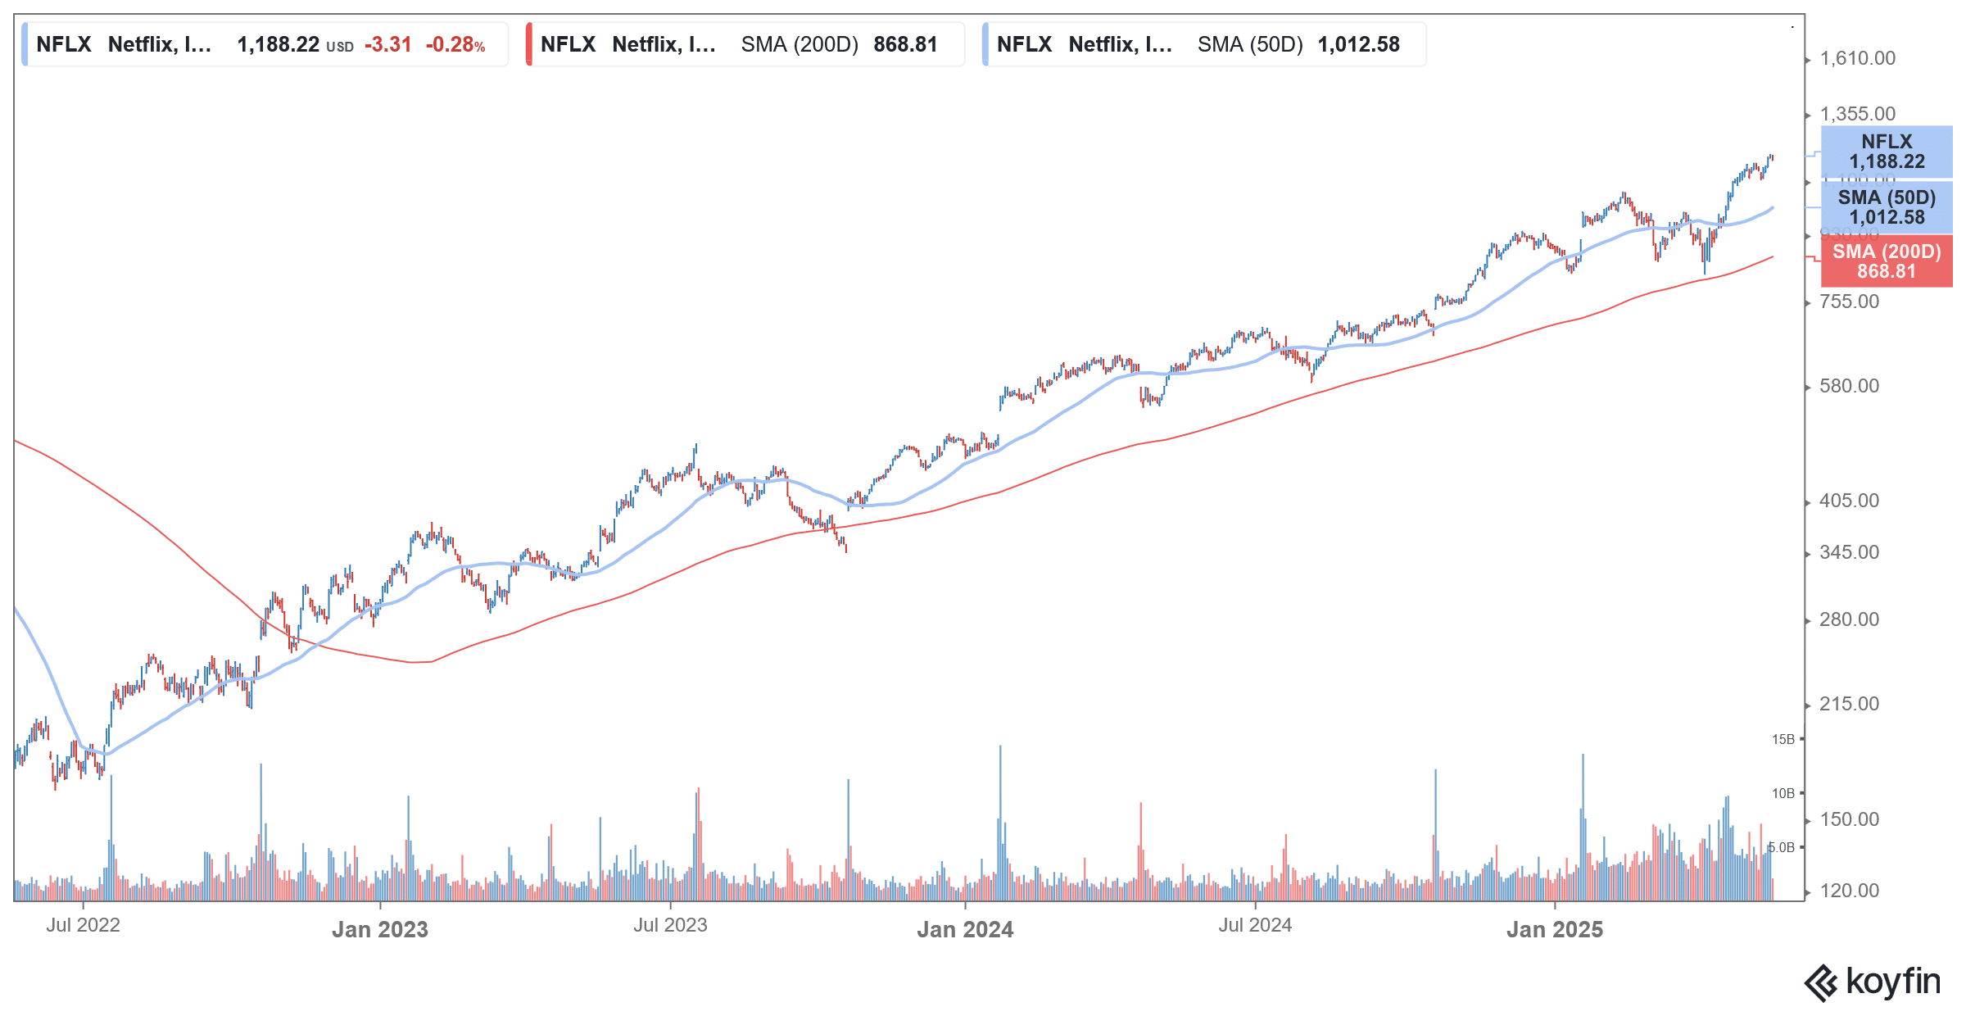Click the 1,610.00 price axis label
tap(1857, 59)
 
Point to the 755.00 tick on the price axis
tap(1849, 302)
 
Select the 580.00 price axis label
tap(1849, 386)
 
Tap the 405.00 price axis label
tap(1849, 501)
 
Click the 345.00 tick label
tap(1849, 552)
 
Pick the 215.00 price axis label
tap(1849, 704)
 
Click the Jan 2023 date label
tap(380, 929)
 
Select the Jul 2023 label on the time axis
tap(670, 925)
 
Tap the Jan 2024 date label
tap(965, 929)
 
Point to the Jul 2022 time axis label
tap(83, 925)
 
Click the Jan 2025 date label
tap(1555, 929)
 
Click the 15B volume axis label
tap(1783, 739)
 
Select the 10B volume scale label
tap(1783, 793)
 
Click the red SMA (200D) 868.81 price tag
tap(1887, 261)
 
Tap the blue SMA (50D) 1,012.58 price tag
tap(1887, 207)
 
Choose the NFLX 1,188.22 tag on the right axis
tap(1887, 152)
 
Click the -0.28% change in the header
tap(455, 44)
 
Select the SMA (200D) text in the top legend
tap(800, 44)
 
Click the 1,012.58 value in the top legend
tap(1359, 44)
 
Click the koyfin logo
tap(1873, 982)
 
